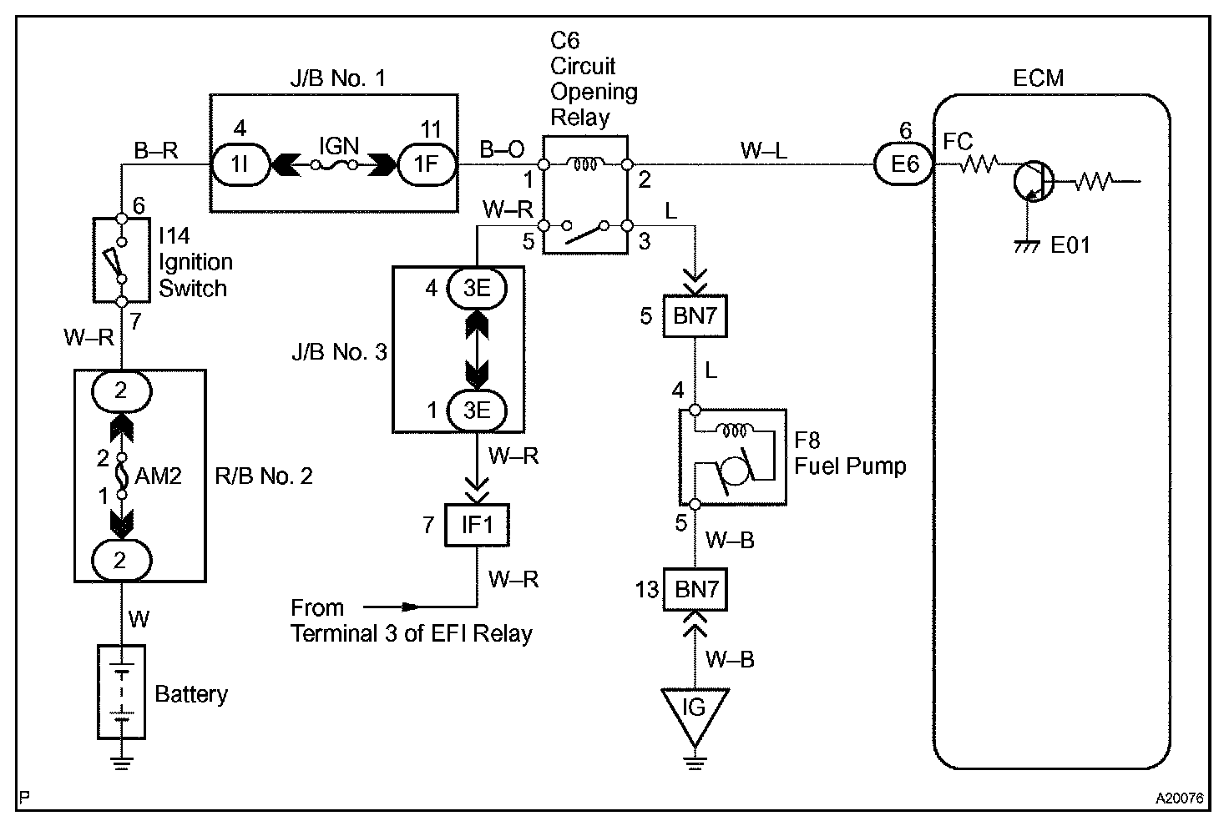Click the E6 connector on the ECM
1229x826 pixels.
(x=904, y=164)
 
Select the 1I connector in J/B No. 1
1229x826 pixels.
(x=239, y=164)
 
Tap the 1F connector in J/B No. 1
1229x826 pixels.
(x=427, y=164)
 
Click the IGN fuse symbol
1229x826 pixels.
(x=333, y=165)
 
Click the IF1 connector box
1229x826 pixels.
(x=477, y=526)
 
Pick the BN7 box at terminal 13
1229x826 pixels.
(x=696, y=590)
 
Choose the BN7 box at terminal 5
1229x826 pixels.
(x=695, y=315)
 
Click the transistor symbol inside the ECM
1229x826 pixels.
(x=1032, y=182)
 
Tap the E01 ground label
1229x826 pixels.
(x=1070, y=245)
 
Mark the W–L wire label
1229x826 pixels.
(x=763, y=150)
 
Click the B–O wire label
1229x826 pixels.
(x=502, y=150)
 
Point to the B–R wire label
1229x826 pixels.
(x=156, y=151)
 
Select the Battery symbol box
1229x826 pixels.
(x=122, y=692)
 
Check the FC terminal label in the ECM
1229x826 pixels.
(x=958, y=142)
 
